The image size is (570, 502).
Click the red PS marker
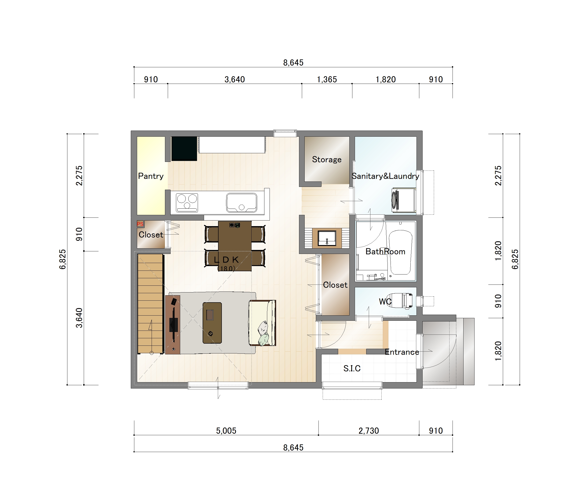tap(140, 224)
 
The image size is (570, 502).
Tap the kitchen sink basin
tap(241, 203)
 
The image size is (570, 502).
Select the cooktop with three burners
tap(187, 203)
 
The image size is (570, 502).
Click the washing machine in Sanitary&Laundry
tap(404, 200)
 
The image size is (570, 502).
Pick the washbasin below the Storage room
tap(327, 238)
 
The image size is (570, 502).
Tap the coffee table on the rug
tap(212, 323)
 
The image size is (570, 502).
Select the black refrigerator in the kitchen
tap(184, 148)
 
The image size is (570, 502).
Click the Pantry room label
tap(151, 176)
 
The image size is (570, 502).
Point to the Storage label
tap(327, 160)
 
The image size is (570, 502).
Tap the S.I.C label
tap(352, 368)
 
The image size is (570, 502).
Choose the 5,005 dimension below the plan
tap(226, 431)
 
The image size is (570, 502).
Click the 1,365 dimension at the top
tap(327, 80)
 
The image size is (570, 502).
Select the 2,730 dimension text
tap(369, 431)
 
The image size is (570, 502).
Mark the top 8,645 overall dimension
tap(293, 63)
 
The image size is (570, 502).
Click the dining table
tap(235, 246)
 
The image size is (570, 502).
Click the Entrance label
tap(402, 352)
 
